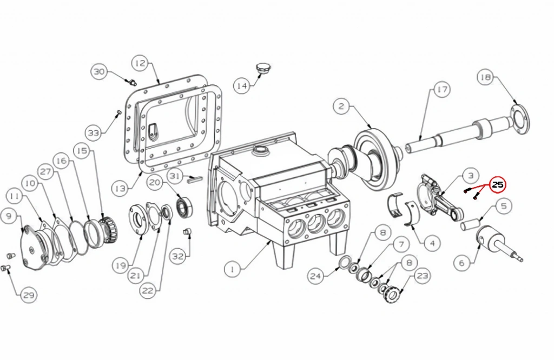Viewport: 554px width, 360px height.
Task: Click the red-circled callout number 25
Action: pos(498,184)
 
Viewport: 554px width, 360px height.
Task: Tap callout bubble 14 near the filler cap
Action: pos(242,85)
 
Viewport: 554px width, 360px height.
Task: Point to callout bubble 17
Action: pos(442,89)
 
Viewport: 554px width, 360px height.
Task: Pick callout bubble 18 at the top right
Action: pos(485,77)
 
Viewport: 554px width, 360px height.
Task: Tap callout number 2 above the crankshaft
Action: pos(341,106)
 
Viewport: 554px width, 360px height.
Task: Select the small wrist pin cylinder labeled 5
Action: pos(470,225)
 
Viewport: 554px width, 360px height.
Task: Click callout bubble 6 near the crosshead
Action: pos(462,263)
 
